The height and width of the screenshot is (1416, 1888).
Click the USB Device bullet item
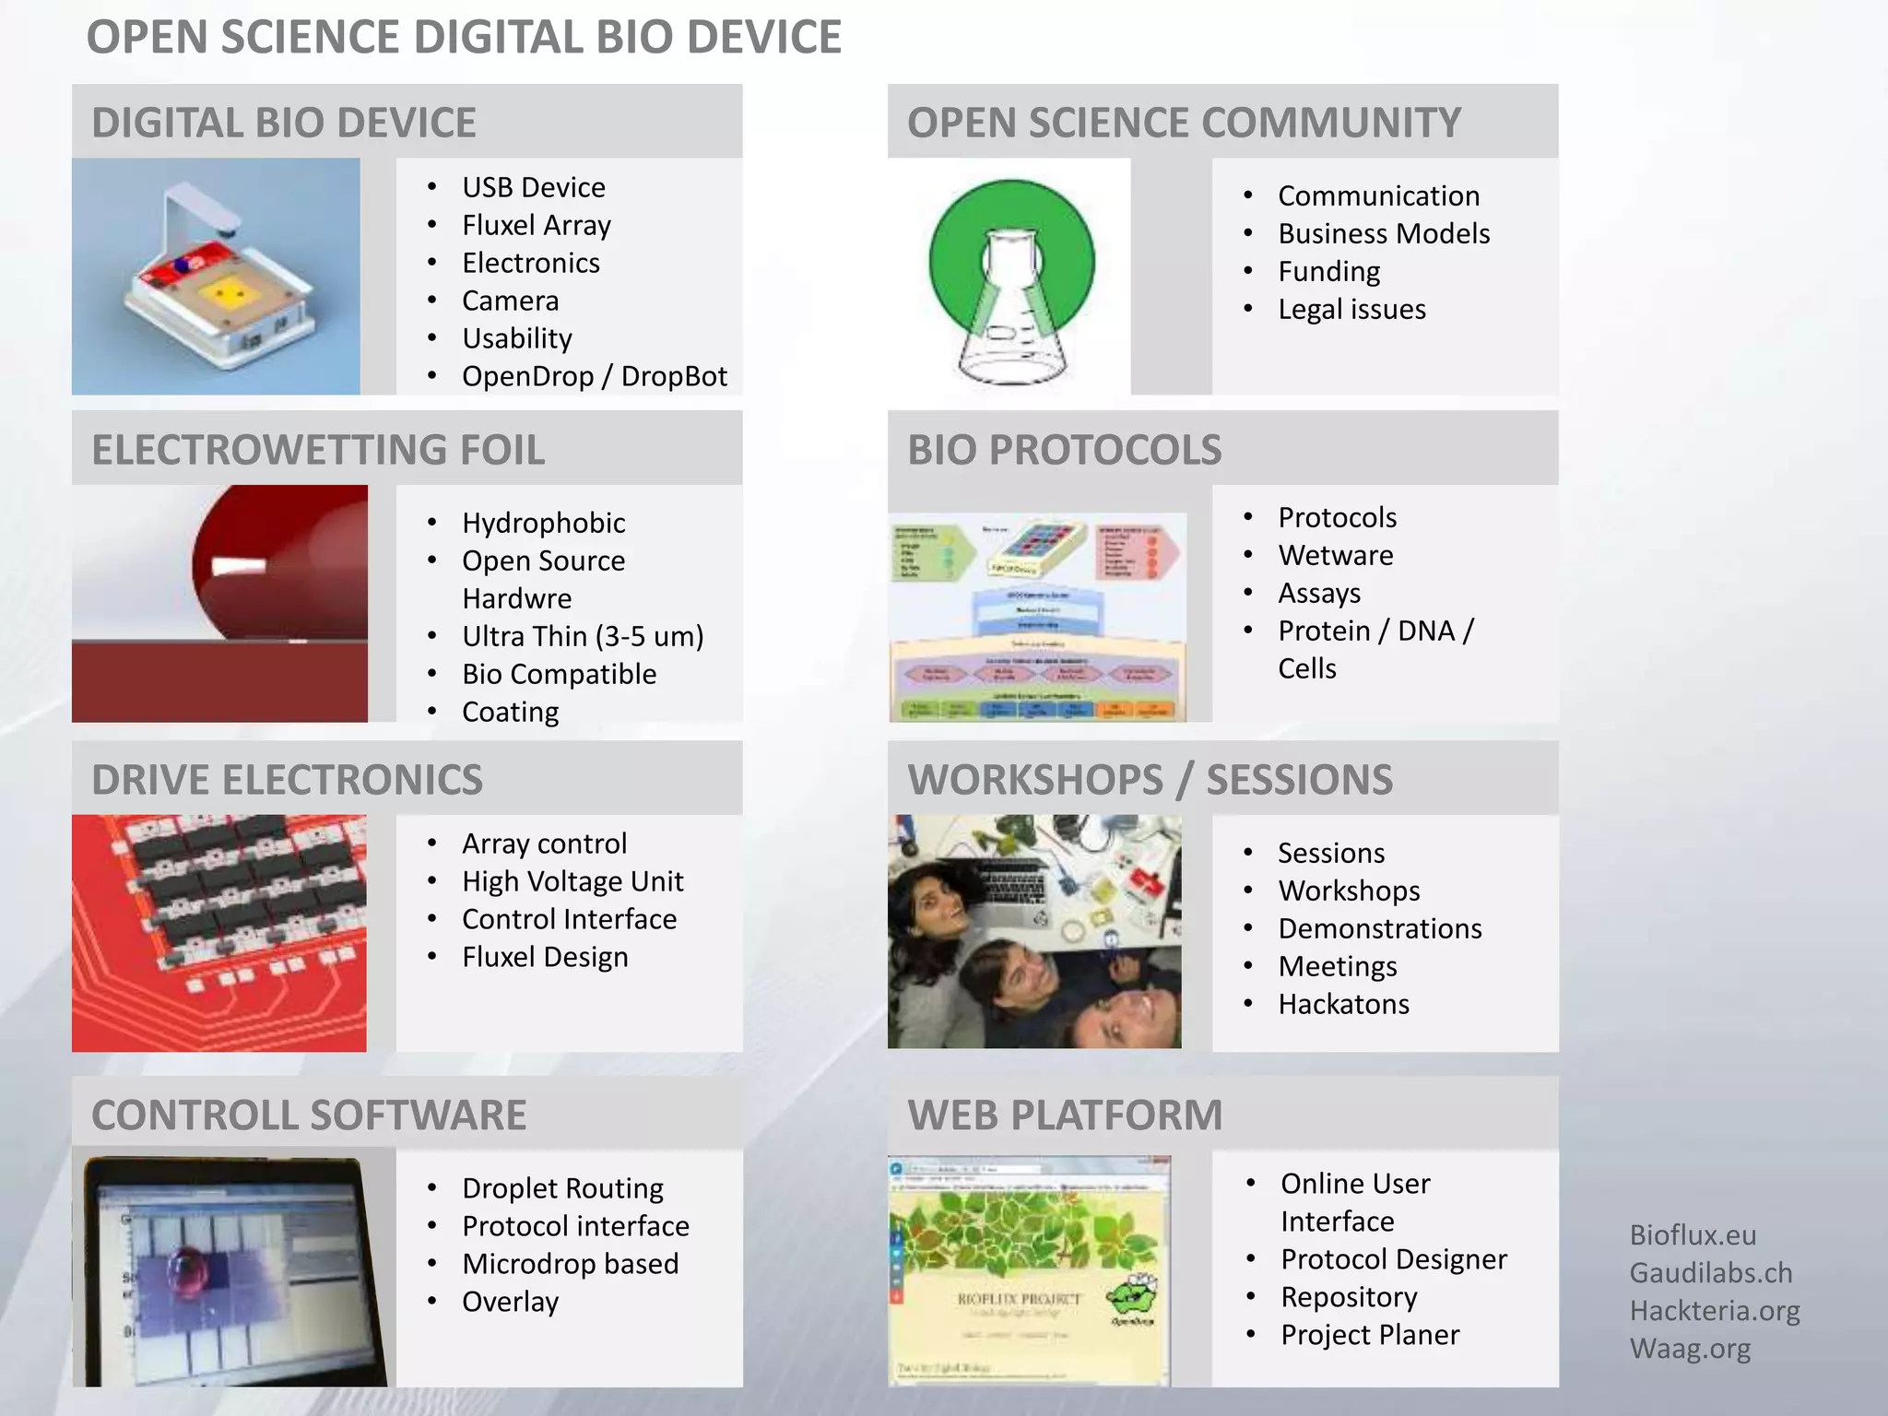[533, 187]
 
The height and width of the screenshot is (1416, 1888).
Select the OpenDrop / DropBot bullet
[594, 376]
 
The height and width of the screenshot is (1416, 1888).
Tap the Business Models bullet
[1383, 233]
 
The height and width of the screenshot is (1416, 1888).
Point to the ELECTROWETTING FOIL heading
[318, 450]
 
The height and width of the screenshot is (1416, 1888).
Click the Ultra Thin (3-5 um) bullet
[583, 636]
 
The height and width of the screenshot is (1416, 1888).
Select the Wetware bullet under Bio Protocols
[1335, 555]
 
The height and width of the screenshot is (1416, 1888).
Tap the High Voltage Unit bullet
[572, 881]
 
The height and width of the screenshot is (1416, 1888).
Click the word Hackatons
[1343, 1004]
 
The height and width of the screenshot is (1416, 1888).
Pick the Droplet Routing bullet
[562, 1188]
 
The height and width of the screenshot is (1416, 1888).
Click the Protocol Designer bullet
[1393, 1259]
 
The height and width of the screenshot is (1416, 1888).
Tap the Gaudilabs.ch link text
[1710, 1273]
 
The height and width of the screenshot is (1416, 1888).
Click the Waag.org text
[1689, 1349]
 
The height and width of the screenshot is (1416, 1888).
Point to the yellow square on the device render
[227, 294]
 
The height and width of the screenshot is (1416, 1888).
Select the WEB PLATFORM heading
[1065, 1115]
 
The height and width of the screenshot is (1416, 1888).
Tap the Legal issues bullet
[1351, 309]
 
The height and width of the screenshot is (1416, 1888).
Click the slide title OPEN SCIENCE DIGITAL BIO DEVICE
[464, 37]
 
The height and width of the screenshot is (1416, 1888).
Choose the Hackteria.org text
[1714, 1311]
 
